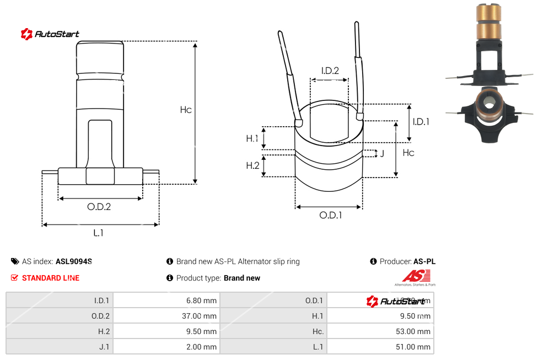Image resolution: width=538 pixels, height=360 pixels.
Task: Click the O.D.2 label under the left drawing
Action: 99,207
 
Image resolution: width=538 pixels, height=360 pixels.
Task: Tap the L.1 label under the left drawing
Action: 98,233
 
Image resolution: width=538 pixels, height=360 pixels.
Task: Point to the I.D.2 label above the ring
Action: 330,71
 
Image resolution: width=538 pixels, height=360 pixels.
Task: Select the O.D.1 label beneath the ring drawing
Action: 331,216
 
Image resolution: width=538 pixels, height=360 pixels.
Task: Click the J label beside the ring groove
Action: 382,153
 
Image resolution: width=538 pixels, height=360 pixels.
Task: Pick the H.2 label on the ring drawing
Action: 252,165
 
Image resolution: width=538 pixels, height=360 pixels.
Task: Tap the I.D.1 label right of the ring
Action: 421,122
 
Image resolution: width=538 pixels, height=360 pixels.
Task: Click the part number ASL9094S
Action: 74,262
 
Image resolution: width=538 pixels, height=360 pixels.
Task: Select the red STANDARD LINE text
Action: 50,278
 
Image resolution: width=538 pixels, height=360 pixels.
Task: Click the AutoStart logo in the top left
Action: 50,34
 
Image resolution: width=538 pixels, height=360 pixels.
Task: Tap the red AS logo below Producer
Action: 412,276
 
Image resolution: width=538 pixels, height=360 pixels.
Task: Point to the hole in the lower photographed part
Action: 489,103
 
